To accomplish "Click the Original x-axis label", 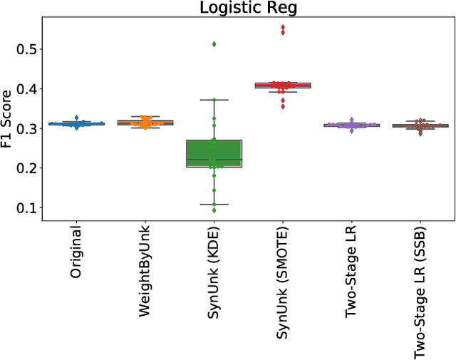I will coord(77,253).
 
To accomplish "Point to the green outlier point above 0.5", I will coord(214,44).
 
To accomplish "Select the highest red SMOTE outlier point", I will coord(282,28).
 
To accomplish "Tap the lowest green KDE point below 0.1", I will coord(214,210).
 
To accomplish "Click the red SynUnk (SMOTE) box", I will coord(282,86).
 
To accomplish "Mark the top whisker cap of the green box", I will coord(214,100).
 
